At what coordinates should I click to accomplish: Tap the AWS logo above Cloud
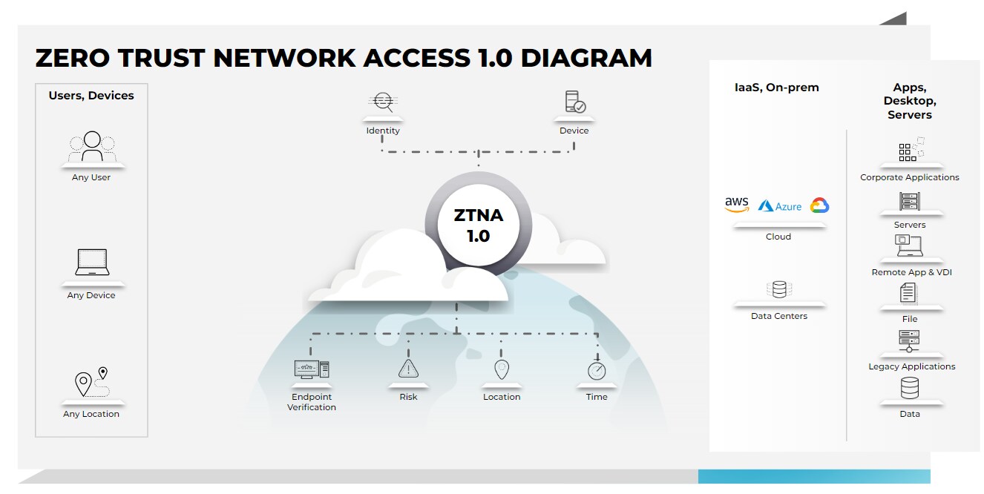click(x=737, y=205)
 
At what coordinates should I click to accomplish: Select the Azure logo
click(x=780, y=206)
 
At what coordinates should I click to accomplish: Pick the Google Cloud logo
click(x=819, y=205)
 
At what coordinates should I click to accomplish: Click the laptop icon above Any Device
click(x=92, y=263)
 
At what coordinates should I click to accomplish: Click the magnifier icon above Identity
click(x=383, y=102)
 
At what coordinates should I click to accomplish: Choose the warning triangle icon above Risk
click(x=408, y=368)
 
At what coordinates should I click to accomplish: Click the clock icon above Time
click(x=597, y=370)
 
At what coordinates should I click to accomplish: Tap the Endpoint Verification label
click(x=312, y=402)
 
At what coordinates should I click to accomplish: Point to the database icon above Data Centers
click(x=779, y=289)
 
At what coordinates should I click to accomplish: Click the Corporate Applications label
click(x=910, y=177)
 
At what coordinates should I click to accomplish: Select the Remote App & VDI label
click(x=911, y=272)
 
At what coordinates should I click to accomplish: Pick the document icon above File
click(x=909, y=293)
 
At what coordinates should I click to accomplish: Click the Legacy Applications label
click(x=912, y=366)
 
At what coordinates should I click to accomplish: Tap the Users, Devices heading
click(x=91, y=96)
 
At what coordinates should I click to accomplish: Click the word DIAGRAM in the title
click(x=586, y=58)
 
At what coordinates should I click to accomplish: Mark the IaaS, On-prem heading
click(x=776, y=88)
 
